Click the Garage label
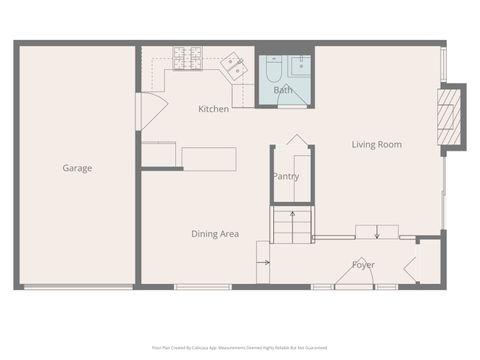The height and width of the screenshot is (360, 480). tap(77, 168)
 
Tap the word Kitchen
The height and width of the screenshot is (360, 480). tap(213, 109)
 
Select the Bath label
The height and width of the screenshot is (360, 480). tap(284, 90)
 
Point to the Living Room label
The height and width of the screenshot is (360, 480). tap(376, 144)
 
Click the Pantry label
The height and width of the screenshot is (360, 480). tap(286, 177)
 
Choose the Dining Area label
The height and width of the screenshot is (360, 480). tap(215, 234)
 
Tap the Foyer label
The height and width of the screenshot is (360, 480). tap(363, 265)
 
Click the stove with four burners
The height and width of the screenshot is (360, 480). tap(187, 58)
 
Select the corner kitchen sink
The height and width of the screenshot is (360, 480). tap(235, 67)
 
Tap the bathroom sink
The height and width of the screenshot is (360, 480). tap(301, 67)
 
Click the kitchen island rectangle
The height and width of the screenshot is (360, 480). tap(209, 159)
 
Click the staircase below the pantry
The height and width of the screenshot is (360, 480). tap(293, 225)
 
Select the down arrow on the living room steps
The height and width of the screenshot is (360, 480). tap(376, 234)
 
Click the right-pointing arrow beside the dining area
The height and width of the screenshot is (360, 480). tap(263, 263)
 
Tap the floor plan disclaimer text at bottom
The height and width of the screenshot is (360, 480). tap(239, 347)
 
